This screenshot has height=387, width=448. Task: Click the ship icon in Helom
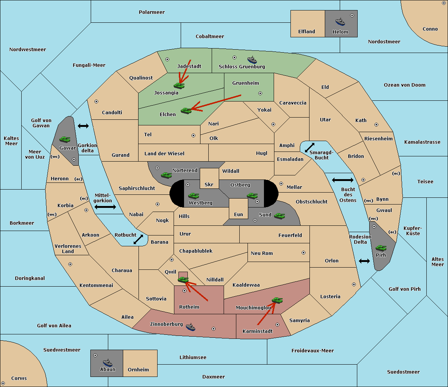pyautogui.click(x=340, y=22)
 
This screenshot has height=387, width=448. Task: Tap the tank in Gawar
pyautogui.click(x=65, y=139)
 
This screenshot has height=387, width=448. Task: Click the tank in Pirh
pyautogui.click(x=381, y=248)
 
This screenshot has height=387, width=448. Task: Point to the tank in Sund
pyautogui.click(x=279, y=216)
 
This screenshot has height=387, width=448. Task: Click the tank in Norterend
pyautogui.click(x=166, y=175)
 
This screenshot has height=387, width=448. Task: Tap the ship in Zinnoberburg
pyautogui.click(x=190, y=327)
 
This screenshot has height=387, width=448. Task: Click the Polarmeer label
pyautogui.click(x=152, y=12)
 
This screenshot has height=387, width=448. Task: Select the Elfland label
pyautogui.click(x=307, y=32)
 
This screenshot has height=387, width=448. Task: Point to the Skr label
pyautogui.click(x=209, y=184)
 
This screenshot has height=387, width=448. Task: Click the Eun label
pyautogui.click(x=239, y=214)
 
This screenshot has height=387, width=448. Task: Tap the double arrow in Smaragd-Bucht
pyautogui.click(x=309, y=147)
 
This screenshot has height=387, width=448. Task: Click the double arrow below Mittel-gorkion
pyautogui.click(x=105, y=207)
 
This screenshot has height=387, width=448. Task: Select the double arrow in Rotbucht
pyautogui.click(x=138, y=239)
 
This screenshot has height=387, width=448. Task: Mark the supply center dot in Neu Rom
pyautogui.click(x=304, y=253)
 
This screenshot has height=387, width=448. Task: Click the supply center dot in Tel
pyautogui.click(x=193, y=135)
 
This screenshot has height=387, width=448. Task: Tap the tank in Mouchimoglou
pyautogui.click(x=277, y=300)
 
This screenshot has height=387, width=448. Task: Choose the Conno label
pyautogui.click(x=430, y=29)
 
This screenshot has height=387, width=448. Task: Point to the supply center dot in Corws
pyautogui.click(x=3, y=383)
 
